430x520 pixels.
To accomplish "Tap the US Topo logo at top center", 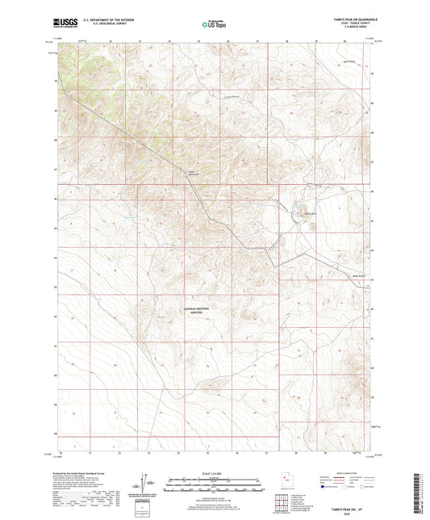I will (x=212, y=25).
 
